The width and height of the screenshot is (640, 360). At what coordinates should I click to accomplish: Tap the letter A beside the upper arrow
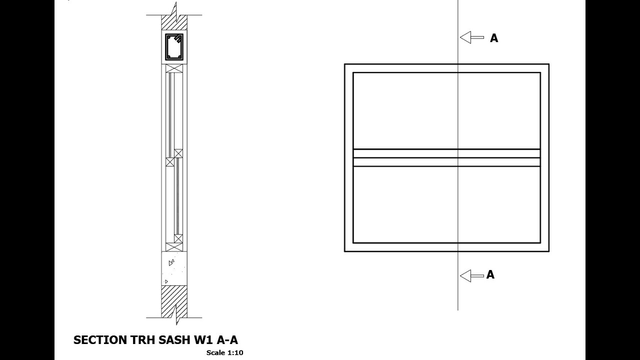pos(494,38)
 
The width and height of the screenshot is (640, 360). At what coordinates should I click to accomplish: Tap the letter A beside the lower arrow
pos(490,274)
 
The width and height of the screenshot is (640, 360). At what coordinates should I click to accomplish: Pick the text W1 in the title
pos(202,340)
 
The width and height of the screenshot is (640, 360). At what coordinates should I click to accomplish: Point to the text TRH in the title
pos(142,340)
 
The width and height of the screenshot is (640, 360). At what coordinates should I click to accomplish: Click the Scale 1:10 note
pos(224,352)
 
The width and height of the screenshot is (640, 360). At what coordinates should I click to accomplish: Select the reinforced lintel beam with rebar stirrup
pos(174,47)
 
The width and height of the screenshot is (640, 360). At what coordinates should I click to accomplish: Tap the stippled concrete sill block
pos(174,268)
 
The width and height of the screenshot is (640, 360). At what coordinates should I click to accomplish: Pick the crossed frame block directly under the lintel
pos(174,68)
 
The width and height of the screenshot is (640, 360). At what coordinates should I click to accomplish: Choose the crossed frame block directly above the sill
pos(174,247)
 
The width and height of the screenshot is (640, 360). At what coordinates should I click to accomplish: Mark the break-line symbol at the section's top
pos(174,9)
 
